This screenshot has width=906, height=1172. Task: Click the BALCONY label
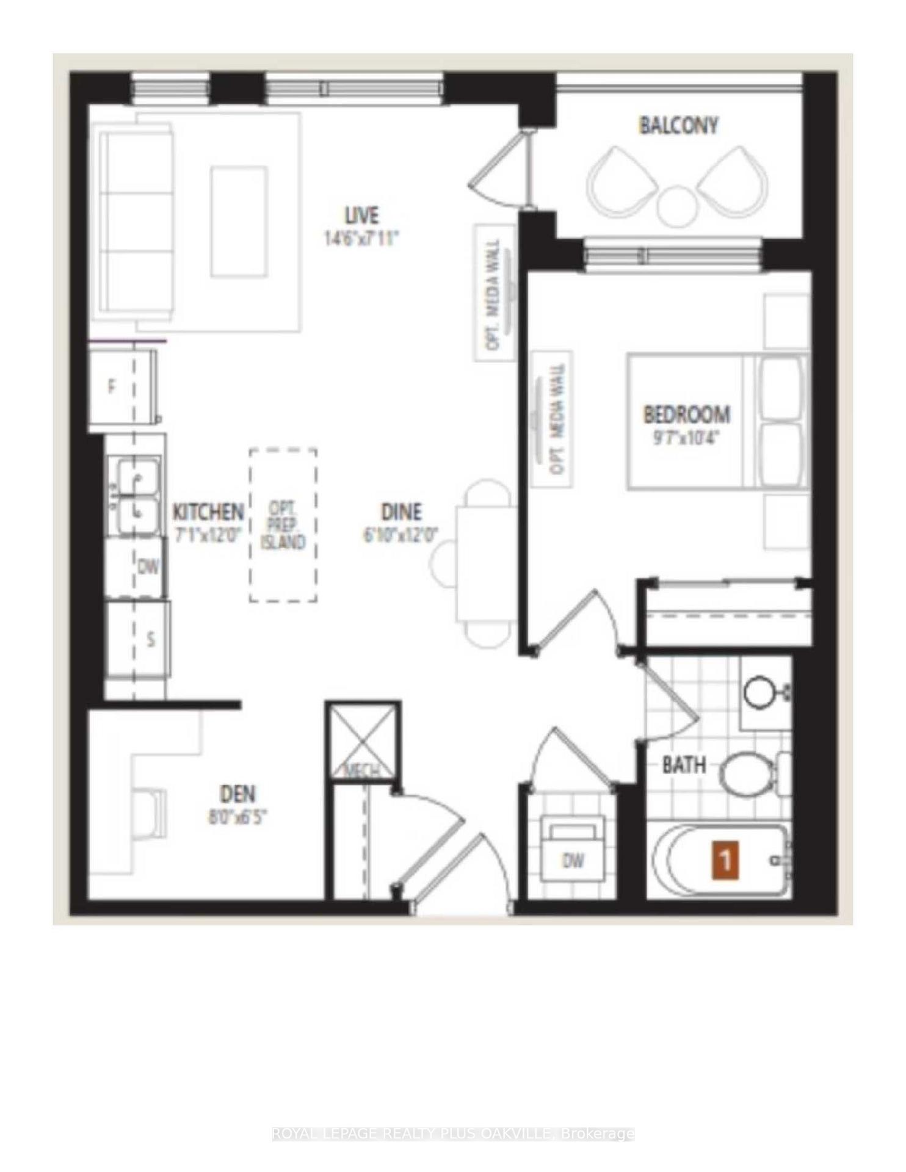[678, 126]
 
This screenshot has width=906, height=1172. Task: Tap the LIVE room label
[361, 215]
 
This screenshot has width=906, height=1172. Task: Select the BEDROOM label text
[686, 415]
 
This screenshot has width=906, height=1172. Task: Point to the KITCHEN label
[208, 512]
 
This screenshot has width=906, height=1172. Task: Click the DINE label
[401, 512]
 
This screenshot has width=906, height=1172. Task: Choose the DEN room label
[237, 794]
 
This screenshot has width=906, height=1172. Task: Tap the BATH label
[684, 765]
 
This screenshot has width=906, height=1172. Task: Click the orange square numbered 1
[725, 861]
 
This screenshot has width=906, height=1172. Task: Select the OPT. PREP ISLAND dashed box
[283, 526]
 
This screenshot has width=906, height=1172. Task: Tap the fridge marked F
[122, 387]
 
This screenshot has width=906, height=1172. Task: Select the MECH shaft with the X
[363, 740]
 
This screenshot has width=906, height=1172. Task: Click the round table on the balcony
[676, 206]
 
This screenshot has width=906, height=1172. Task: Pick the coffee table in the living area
[239, 222]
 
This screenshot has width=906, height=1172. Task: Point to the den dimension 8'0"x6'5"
[237, 817]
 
